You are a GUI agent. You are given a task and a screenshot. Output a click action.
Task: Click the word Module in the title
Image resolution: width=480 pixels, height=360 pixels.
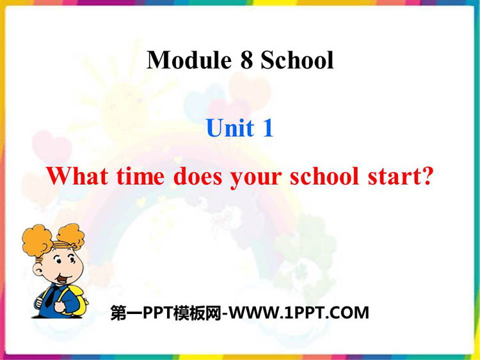click(x=189, y=59)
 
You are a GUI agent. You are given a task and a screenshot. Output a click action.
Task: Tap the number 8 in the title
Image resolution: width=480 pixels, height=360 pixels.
click(x=247, y=60)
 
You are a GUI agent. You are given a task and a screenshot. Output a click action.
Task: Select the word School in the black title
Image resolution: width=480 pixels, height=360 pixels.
click(x=297, y=59)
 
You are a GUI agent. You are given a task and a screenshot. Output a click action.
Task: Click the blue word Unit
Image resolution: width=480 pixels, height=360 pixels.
click(x=230, y=127)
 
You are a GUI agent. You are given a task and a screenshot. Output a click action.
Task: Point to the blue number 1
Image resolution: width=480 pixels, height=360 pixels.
click(x=268, y=127)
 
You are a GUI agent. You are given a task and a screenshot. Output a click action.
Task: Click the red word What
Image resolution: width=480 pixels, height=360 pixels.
click(x=77, y=176)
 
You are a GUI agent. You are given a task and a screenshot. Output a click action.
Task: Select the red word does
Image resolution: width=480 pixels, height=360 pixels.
click(x=198, y=176)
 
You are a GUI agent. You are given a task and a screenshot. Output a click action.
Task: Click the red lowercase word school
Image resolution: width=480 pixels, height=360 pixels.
click(x=324, y=176)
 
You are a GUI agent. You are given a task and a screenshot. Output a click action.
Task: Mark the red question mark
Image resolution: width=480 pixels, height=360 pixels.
click(x=426, y=176)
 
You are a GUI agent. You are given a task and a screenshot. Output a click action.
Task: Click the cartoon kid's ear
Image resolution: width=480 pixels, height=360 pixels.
click(x=38, y=270)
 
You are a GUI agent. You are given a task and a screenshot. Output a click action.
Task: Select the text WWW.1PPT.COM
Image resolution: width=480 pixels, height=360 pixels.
click(x=299, y=313)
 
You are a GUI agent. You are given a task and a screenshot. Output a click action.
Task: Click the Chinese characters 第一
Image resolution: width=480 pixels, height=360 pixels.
click(x=127, y=313)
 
